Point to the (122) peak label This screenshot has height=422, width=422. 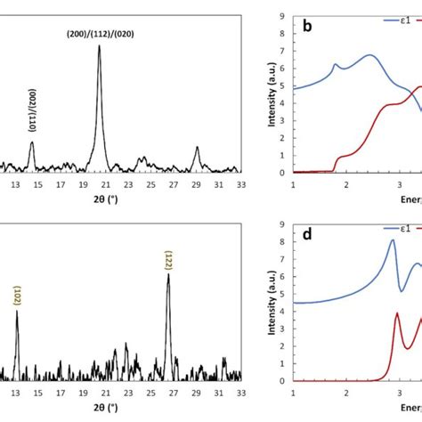[168, 260]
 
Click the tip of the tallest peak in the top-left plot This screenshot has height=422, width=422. [99, 45]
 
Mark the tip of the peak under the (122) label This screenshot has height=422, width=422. [168, 274]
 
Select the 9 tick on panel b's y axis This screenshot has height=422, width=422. [281, 16]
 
